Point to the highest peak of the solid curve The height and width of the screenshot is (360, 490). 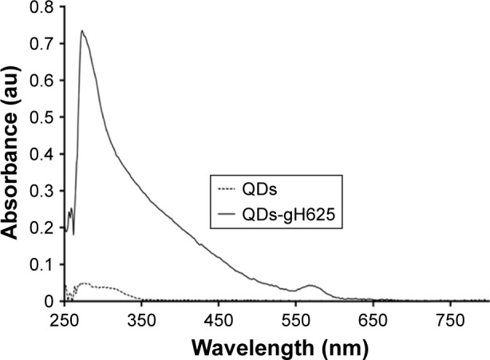click(x=81, y=31)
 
